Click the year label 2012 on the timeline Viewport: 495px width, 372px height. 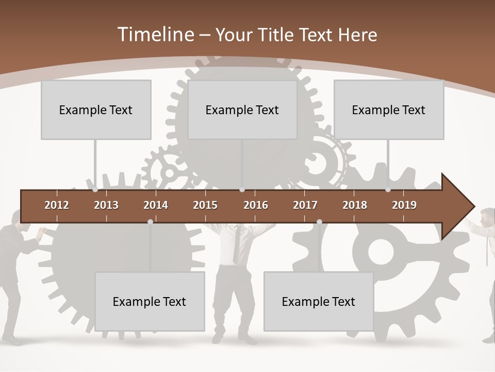point(57,205)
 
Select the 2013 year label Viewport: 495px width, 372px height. point(106,205)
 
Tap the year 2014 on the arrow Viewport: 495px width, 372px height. point(156,205)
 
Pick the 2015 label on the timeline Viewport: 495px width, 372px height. point(205,205)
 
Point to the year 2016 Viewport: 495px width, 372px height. point(256,205)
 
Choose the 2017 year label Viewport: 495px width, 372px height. point(305,205)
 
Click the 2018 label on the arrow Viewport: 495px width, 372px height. point(355,205)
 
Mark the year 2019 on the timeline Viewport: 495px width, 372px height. point(404,205)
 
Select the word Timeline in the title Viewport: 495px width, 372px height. point(155,35)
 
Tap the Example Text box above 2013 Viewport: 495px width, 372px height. point(96,110)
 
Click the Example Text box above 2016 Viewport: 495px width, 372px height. point(242,110)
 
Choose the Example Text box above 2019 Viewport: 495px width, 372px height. point(389,110)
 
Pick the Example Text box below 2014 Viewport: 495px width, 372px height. point(150,301)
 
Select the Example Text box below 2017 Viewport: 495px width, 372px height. point(319,301)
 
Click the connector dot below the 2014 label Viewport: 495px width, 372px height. point(150,222)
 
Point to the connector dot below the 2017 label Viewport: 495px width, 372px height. point(319,222)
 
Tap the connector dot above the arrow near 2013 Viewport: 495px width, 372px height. point(95,190)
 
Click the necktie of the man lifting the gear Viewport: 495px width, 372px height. point(236,245)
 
